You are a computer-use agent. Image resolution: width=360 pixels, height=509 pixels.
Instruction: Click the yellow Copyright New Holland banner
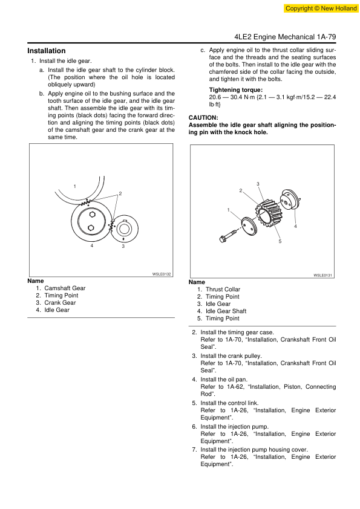[321, 8]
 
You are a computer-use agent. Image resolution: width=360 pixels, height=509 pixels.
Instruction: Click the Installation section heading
[47, 51]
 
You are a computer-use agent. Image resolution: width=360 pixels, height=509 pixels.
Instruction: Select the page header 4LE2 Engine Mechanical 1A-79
[285, 37]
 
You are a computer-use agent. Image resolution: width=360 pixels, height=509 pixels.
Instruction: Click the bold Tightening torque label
[235, 90]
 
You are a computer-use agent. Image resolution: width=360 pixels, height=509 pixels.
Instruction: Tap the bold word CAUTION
[203, 117]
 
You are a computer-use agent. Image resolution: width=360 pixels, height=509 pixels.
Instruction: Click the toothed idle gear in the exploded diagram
[269, 213]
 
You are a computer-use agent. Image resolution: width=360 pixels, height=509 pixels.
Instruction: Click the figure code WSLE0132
[162, 274]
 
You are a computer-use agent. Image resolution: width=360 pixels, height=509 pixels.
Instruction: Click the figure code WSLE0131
[322, 275]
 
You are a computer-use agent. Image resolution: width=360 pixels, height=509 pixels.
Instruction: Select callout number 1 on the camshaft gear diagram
[75, 186]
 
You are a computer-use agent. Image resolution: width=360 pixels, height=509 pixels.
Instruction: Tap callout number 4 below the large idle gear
[92, 246]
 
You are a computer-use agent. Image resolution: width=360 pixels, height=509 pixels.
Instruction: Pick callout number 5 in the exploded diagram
[280, 241]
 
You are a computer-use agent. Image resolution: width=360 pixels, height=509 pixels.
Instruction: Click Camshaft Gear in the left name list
[65, 288]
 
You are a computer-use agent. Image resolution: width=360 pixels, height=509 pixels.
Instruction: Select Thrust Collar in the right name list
[223, 289]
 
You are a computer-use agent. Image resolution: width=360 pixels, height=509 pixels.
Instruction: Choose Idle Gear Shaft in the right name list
[226, 311]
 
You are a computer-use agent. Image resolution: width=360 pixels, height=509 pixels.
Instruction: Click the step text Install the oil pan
[224, 379]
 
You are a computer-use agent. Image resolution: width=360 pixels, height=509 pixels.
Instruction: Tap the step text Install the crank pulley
[231, 356]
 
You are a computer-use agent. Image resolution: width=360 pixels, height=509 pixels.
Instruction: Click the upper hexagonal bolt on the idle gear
[92, 214]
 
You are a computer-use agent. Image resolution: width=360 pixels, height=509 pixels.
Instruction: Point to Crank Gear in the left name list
[60, 302]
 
